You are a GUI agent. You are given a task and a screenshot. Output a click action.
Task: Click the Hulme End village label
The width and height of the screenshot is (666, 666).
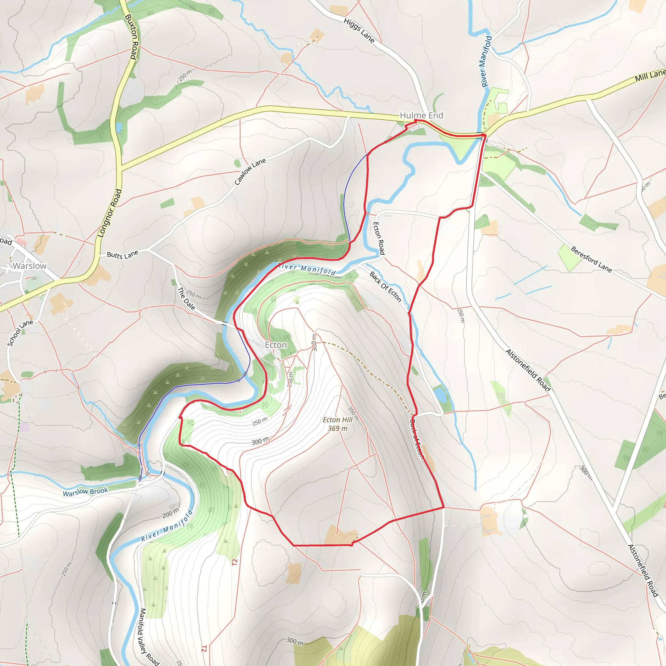point(421,115)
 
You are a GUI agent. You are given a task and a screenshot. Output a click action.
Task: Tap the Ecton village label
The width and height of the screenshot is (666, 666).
point(275,345)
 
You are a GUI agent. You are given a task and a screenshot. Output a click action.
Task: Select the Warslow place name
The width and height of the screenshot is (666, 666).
point(30,266)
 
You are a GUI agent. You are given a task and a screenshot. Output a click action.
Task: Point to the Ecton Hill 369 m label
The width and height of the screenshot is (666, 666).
point(338,424)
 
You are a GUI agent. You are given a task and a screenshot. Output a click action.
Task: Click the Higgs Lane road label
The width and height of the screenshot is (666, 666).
point(359,31)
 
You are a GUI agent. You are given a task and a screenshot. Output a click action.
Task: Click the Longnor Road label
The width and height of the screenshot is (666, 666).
point(110,213)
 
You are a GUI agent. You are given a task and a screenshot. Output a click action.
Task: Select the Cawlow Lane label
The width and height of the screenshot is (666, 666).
point(250,172)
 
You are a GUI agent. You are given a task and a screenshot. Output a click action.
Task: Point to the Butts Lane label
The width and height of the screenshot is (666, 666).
point(122,254)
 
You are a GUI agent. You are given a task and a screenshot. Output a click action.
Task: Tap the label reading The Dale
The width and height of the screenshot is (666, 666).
point(186,299)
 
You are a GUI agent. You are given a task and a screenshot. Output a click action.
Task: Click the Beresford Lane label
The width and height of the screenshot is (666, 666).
point(591,259)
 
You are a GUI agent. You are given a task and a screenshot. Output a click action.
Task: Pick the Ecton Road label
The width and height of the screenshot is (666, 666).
point(379,238)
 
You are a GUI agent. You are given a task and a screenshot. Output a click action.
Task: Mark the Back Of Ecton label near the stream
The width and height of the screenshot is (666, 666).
point(385,287)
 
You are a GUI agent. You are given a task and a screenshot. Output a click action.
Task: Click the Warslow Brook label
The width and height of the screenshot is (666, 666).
point(86,492)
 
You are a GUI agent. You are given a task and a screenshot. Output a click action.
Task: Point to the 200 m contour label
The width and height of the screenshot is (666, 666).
point(171,513)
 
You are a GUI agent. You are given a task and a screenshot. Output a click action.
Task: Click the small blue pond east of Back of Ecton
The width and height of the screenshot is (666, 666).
point(440,394)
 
